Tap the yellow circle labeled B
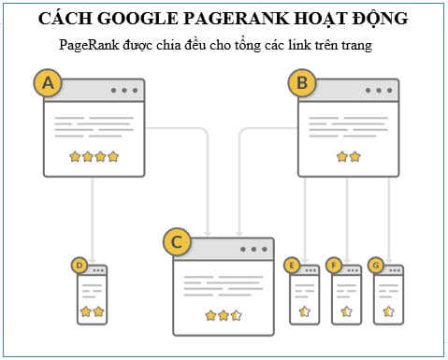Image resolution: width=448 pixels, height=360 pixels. (302, 84)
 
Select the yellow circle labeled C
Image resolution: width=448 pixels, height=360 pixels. (177, 243)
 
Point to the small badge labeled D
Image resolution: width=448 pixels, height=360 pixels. (80, 266)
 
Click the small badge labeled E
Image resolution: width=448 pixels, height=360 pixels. (294, 266)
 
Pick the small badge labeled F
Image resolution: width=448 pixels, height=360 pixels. (336, 266)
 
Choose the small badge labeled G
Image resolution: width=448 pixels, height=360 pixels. (376, 266)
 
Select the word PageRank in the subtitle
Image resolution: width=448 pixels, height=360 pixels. (88, 45)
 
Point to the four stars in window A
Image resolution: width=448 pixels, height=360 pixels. (94, 156)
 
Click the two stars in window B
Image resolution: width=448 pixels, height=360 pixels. (348, 156)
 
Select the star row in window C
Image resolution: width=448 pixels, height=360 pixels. (223, 315)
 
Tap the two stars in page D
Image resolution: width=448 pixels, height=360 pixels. (92, 310)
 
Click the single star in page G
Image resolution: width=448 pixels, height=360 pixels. (388, 310)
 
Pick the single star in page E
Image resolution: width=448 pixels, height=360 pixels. (304, 310)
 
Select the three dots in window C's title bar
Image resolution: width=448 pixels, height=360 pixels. (253, 250)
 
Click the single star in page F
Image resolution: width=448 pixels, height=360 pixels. (346, 310)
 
